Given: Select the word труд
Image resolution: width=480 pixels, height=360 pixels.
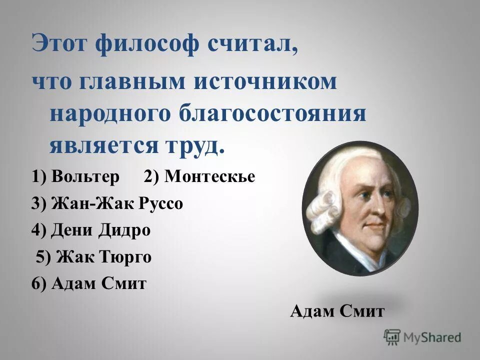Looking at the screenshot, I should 192,145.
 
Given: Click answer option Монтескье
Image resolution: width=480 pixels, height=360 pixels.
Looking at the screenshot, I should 209,176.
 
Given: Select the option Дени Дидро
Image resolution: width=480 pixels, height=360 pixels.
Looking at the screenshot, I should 100,230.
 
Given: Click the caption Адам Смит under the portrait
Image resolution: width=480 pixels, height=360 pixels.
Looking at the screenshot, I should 337,311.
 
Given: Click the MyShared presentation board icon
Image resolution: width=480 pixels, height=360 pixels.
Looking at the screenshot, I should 392,337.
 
